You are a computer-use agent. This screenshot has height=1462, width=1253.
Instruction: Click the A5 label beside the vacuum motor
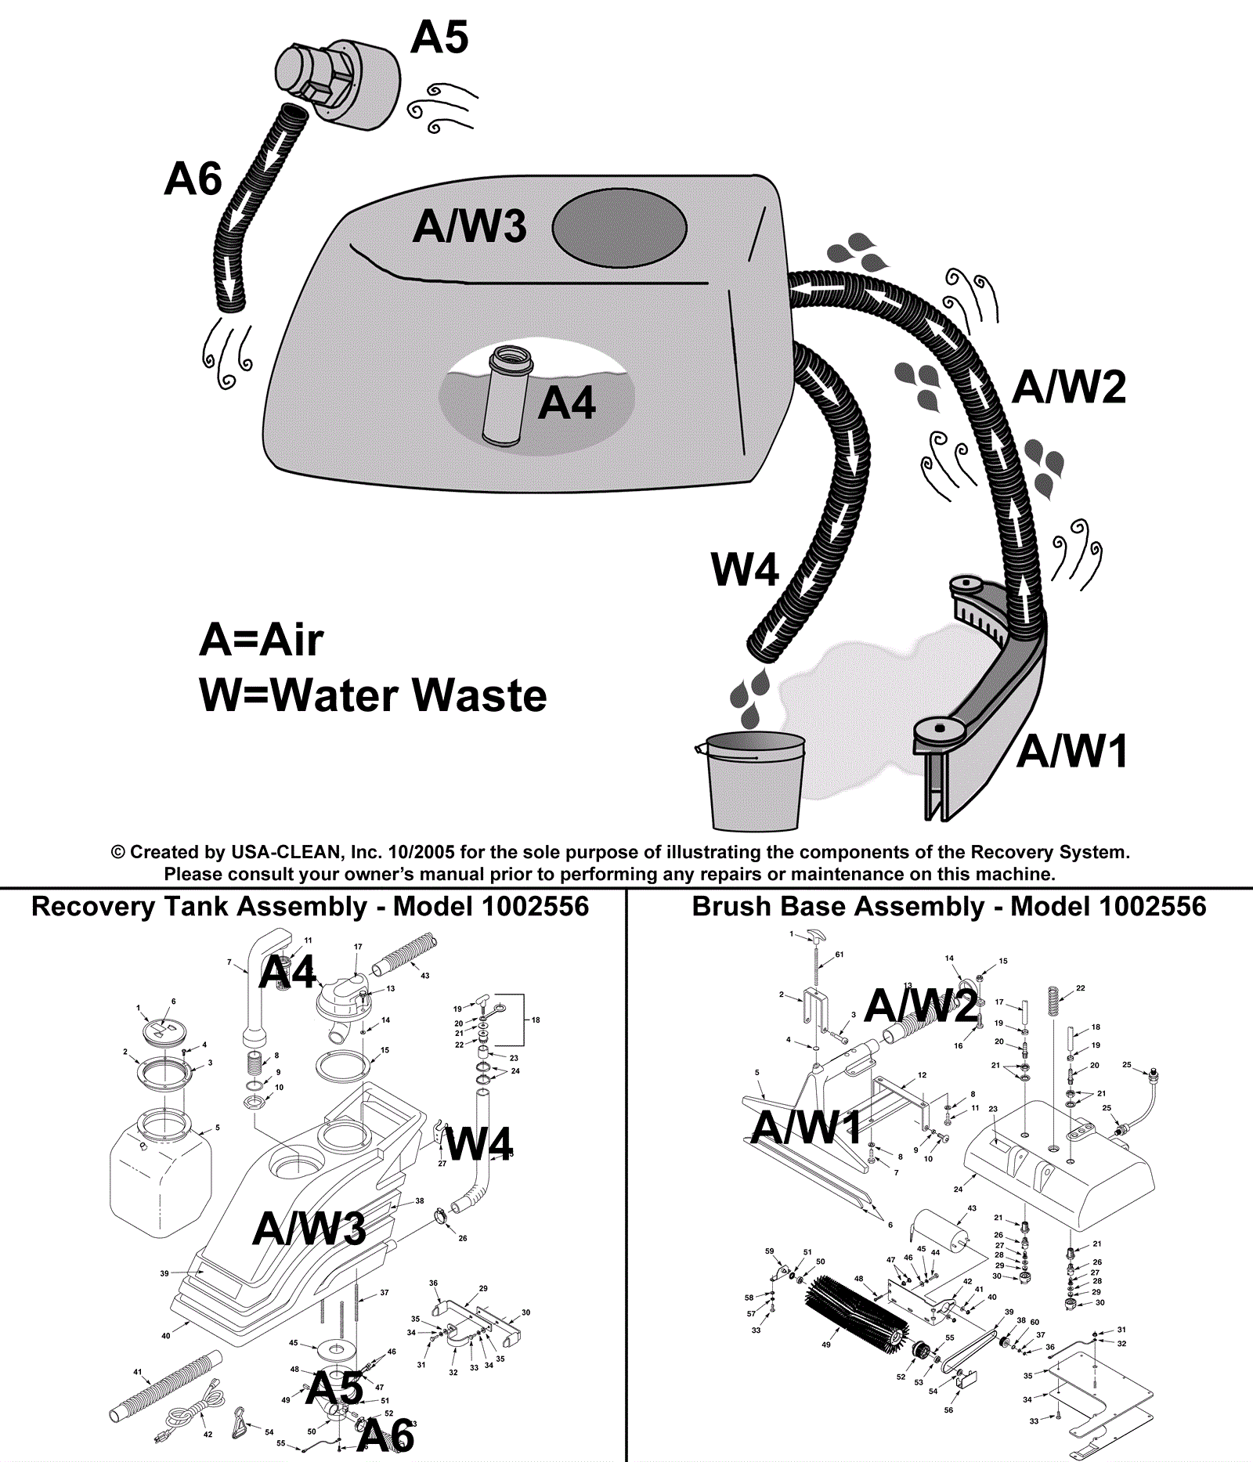point(439,37)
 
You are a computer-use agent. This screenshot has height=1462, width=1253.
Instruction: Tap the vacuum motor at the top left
point(337,82)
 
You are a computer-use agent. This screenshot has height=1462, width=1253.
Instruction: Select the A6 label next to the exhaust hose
point(193,179)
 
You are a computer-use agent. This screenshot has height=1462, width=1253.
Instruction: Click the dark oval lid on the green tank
point(619,228)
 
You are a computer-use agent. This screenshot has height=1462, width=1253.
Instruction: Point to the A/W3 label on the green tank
point(470,226)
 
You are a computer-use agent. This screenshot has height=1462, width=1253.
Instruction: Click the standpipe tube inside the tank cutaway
point(506,396)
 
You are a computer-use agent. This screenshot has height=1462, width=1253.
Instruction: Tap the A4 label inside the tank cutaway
point(567,404)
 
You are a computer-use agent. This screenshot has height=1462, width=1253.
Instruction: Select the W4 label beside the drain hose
point(744,569)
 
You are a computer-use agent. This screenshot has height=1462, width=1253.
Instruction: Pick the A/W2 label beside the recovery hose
point(1068,387)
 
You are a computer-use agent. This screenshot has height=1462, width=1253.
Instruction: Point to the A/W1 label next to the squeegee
point(1072,751)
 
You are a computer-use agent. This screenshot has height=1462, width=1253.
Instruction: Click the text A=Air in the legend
point(261,640)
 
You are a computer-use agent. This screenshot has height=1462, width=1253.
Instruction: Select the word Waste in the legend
point(479,695)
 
